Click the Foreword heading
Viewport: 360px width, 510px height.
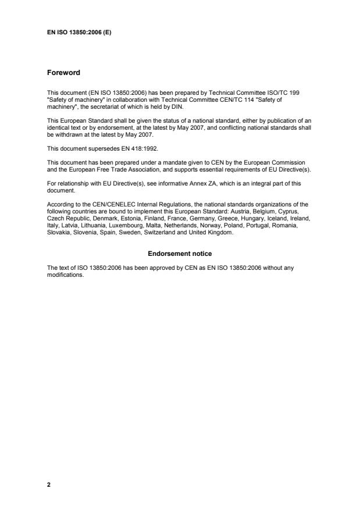point(63,73)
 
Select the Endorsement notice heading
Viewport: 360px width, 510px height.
point(180,254)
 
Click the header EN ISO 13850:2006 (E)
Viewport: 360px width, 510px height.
point(79,33)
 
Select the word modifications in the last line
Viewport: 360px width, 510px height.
point(66,276)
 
